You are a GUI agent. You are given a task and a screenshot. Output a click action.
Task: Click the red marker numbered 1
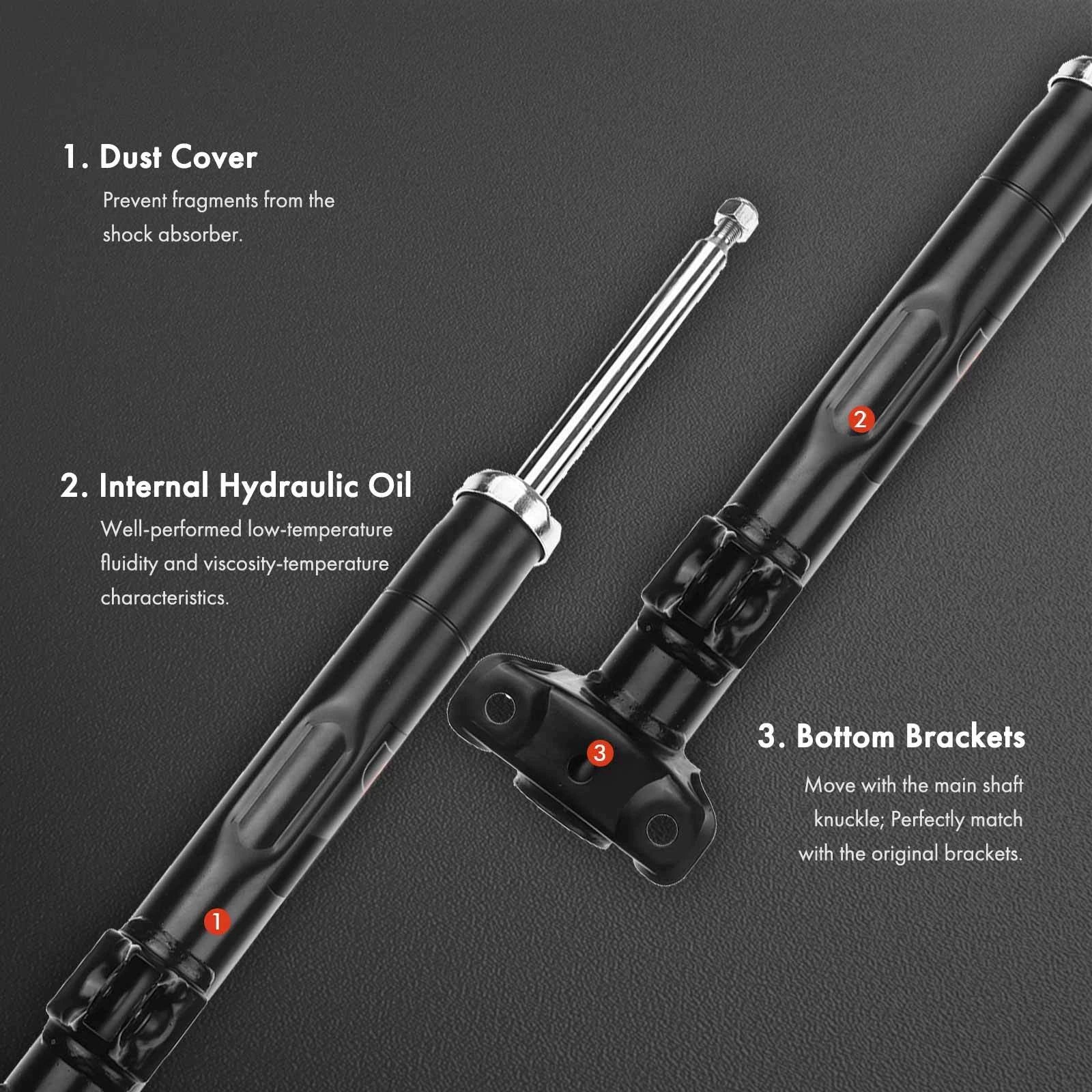[x=216, y=921]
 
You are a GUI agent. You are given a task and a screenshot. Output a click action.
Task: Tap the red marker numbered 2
[x=860, y=418]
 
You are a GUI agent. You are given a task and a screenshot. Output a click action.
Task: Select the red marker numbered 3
[x=599, y=753]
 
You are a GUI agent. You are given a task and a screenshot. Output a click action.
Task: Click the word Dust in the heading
[x=130, y=157]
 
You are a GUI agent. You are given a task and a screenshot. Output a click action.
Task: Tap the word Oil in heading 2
[x=390, y=486]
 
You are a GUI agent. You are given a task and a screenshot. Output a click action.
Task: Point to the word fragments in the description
[x=215, y=201]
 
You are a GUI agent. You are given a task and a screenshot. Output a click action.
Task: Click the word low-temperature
[x=320, y=530]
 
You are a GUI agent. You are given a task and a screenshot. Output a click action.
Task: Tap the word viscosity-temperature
[x=296, y=564]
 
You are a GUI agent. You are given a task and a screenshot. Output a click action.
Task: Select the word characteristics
[x=164, y=598]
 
